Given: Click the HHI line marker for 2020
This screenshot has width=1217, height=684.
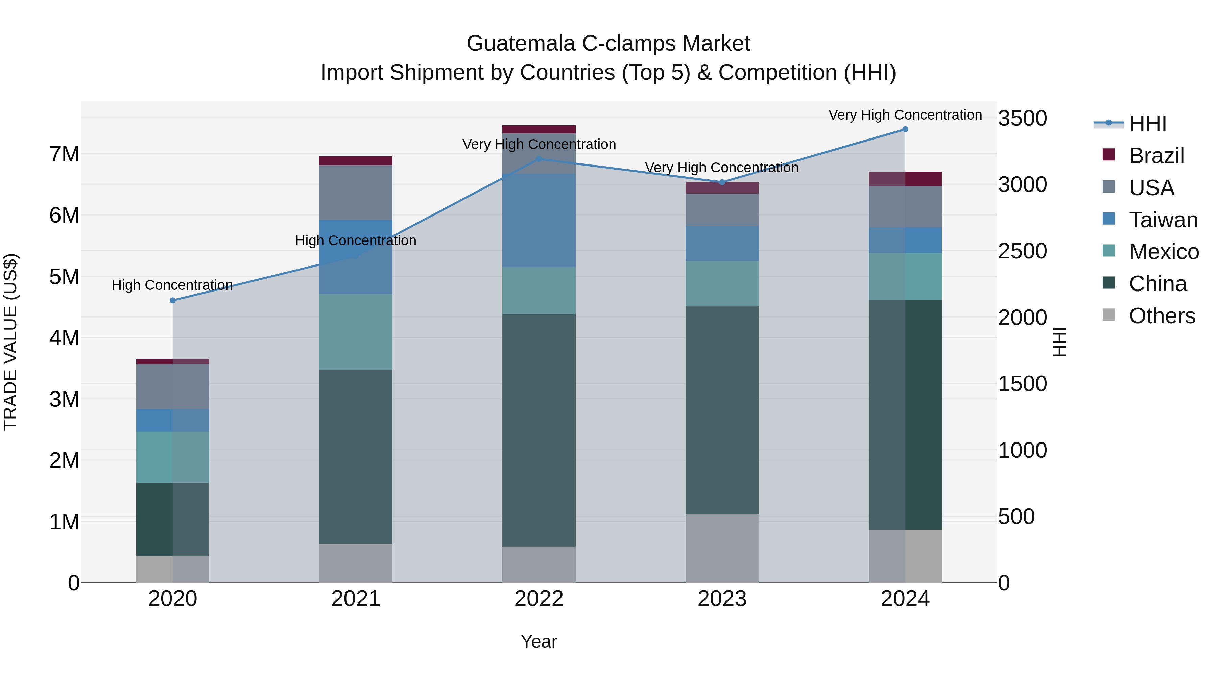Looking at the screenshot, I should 172,300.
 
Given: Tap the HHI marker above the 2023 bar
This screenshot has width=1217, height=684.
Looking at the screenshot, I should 722,182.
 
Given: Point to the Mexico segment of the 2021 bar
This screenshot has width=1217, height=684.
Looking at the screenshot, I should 355,331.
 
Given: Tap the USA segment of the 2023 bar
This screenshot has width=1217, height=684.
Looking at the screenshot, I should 722,209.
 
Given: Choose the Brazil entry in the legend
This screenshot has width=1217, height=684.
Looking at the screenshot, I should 1156,156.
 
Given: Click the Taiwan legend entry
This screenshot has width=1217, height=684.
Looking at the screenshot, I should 1163,220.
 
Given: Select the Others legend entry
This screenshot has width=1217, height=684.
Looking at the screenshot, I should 1162,316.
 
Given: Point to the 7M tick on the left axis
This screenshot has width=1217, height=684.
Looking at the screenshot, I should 64,154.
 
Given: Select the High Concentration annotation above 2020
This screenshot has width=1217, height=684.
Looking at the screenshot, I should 172,285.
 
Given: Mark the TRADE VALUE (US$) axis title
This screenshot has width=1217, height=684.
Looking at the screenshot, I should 10,342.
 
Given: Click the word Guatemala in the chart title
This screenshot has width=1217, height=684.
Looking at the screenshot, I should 521,44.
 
